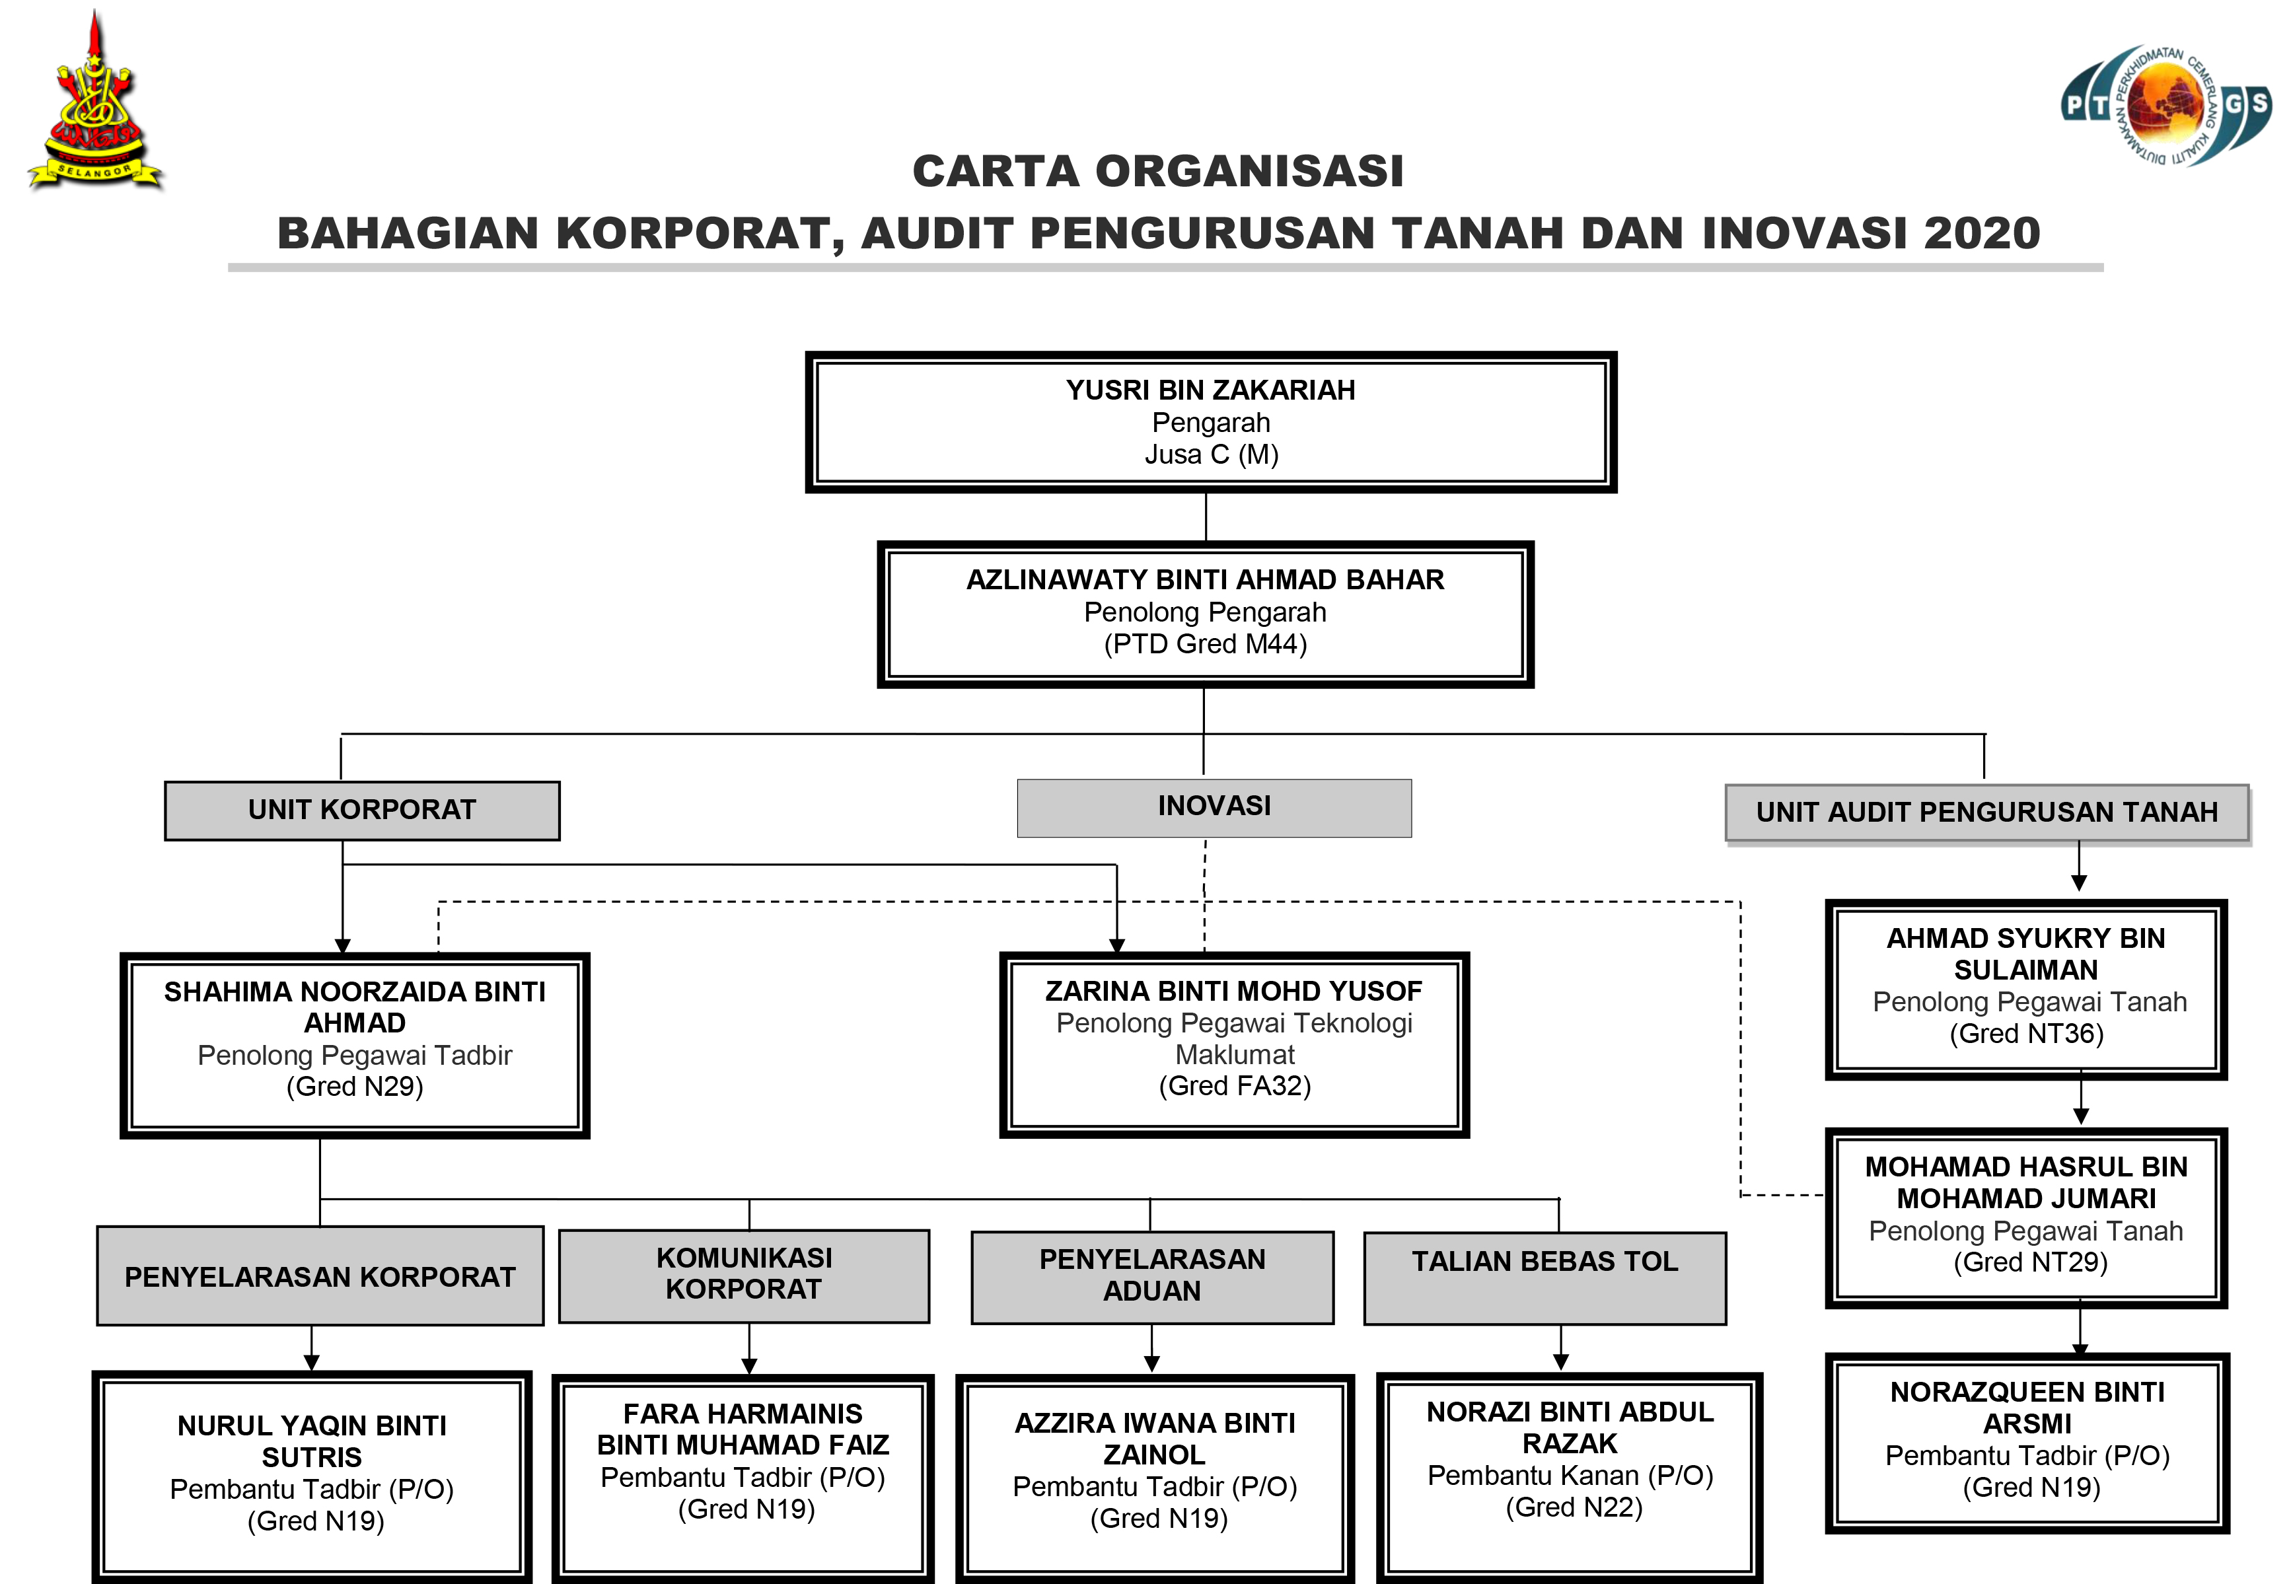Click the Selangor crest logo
click(x=94, y=104)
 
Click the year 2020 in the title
click(x=1981, y=233)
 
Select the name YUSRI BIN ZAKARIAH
click(x=1210, y=390)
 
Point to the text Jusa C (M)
click(x=1211, y=454)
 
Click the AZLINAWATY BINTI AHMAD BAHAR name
click(x=1205, y=579)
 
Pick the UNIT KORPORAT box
click(x=362, y=810)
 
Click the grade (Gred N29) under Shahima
click(x=354, y=1087)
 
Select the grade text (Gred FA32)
click(x=1235, y=1086)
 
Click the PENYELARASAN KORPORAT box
click(x=320, y=1276)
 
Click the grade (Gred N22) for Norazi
click(x=1574, y=1507)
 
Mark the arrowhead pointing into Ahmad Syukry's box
click(x=2078, y=883)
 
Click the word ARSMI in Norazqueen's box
click(x=2027, y=1424)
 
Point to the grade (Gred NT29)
click(x=2030, y=1262)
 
